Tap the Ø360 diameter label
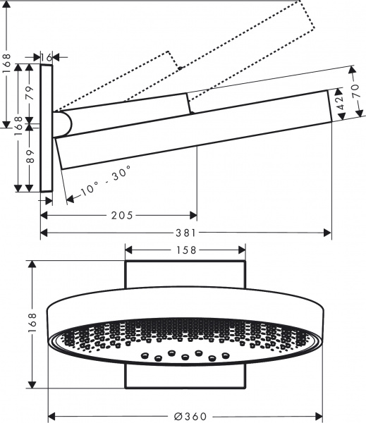coord(185,415)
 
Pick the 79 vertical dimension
coord(28,94)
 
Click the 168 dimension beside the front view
coord(30,324)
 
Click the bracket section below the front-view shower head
coord(185,375)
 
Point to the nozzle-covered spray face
coord(185,338)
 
